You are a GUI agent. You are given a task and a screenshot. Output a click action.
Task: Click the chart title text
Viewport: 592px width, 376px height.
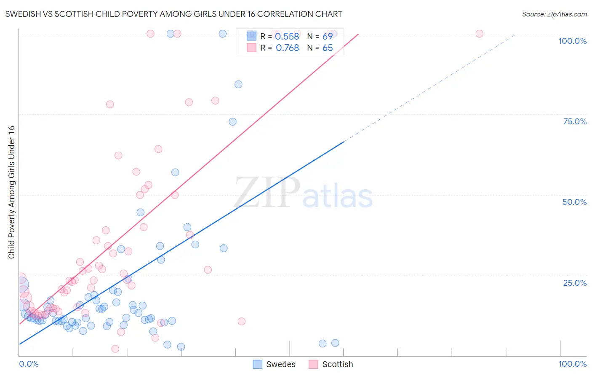point(173,14)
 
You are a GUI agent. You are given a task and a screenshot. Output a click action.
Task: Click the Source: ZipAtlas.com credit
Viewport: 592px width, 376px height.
point(554,14)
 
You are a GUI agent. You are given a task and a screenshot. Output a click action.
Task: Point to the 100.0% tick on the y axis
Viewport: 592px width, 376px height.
point(572,41)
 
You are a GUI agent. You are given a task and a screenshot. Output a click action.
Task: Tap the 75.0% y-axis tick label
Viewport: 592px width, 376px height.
point(575,121)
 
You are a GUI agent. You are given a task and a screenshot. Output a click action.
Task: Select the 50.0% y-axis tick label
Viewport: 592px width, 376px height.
point(574,202)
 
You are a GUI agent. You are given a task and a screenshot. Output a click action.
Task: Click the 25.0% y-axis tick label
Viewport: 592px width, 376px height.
point(575,283)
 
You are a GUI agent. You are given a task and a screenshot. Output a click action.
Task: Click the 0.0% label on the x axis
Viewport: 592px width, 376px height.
point(29,364)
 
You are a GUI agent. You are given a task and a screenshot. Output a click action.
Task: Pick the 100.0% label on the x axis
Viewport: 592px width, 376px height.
point(572,364)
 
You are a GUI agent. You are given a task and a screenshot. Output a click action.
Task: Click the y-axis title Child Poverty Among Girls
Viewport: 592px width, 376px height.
point(11,192)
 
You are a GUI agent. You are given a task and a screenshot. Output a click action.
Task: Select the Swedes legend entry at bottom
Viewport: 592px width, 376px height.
point(275,364)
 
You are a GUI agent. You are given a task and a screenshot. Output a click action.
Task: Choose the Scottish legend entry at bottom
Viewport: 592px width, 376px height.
point(331,364)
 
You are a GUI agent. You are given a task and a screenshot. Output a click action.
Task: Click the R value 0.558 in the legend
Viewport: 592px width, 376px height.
point(287,37)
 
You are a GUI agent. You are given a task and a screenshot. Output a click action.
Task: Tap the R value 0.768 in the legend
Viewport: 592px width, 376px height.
point(287,48)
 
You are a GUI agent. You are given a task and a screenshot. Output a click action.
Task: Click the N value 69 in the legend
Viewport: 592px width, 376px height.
point(327,37)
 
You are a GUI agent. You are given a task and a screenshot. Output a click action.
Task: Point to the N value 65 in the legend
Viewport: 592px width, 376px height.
point(327,48)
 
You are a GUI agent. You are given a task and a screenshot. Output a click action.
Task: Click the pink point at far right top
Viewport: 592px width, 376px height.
point(479,34)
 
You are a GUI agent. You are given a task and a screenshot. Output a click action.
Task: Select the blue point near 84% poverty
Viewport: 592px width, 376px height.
point(238,84)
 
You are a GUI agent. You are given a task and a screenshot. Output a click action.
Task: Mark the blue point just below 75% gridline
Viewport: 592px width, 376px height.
point(232,122)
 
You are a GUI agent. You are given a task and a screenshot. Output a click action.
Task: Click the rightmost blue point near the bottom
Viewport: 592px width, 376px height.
point(335,343)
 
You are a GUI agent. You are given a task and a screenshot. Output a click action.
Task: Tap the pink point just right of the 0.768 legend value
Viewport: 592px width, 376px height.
point(333,34)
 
